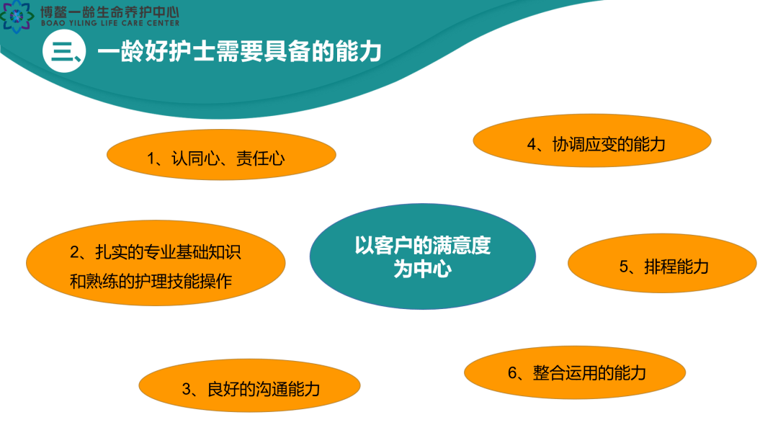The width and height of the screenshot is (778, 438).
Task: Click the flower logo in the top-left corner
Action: [17, 17]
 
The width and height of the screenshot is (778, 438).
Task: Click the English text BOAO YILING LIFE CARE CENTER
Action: [110, 23]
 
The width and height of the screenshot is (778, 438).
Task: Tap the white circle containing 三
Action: [64, 51]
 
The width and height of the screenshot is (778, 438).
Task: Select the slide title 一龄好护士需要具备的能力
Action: [239, 52]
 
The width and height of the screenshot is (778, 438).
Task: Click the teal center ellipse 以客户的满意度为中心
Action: [423, 256]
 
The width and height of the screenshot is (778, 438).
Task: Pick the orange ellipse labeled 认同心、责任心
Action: [221, 155]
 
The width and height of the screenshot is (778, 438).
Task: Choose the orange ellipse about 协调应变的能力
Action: [592, 141]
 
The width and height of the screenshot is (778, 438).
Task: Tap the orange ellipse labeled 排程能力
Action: [662, 264]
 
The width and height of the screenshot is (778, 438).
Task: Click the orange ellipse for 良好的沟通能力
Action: [249, 385]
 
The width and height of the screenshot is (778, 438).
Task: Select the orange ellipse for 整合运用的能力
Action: [575, 372]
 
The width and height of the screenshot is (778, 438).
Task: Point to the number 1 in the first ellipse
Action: [151, 158]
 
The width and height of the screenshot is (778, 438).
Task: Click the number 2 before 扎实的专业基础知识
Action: [75, 252]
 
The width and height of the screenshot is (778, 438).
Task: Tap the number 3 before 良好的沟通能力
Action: [187, 390]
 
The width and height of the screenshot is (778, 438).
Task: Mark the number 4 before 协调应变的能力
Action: [532, 145]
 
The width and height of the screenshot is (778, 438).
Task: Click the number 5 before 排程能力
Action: [624, 267]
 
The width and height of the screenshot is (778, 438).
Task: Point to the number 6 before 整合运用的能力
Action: [513, 373]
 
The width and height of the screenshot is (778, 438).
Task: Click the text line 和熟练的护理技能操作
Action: [151, 282]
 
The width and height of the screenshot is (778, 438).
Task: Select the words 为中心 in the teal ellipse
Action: [423, 269]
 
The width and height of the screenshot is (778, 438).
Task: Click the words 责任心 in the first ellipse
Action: [261, 158]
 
